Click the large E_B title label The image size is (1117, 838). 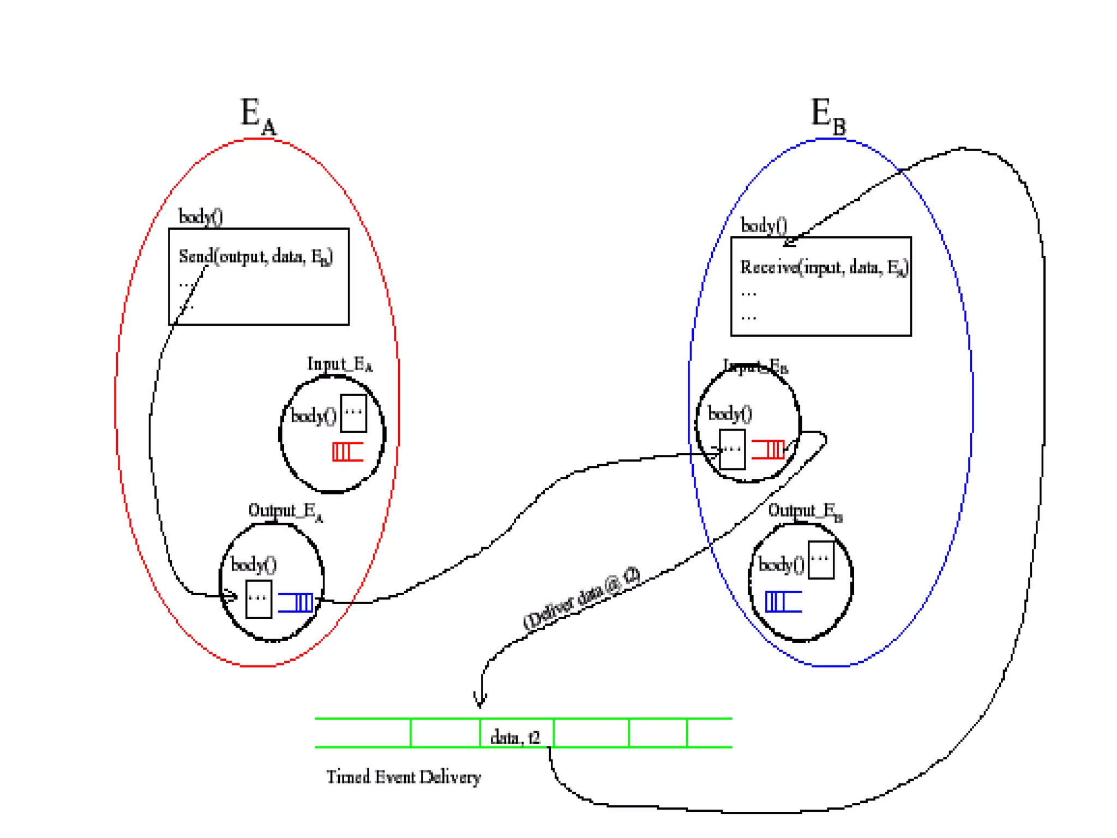(828, 116)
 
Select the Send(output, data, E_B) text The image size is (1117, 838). (256, 256)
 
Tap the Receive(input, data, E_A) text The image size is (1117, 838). (824, 267)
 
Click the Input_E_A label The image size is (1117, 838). (339, 364)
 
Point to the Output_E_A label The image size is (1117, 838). (285, 511)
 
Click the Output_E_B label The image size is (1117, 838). (805, 511)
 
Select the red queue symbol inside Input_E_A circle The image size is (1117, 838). (347, 452)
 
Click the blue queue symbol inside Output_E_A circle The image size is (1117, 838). (296, 602)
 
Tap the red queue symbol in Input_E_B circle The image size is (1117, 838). (768, 450)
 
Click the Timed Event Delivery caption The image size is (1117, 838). (404, 777)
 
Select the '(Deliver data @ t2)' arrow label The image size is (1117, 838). (581, 598)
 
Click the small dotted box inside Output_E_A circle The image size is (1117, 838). (259, 599)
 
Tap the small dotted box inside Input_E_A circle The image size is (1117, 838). (353, 413)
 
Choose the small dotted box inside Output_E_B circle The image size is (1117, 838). (821, 560)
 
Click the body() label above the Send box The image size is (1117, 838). (201, 217)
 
